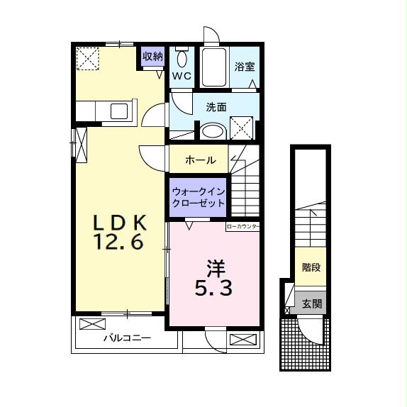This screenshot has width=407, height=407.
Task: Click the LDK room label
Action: click(x=120, y=223)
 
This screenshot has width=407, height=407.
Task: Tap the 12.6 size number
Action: click(x=120, y=243)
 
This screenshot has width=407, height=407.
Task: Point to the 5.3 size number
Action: click(x=214, y=288)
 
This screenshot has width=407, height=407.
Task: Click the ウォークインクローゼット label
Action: click(x=199, y=197)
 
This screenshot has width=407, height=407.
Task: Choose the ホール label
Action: click(x=199, y=160)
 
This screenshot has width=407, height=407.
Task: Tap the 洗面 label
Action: click(x=216, y=108)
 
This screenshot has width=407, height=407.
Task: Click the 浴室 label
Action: click(x=245, y=67)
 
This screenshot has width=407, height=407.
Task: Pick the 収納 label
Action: click(x=152, y=56)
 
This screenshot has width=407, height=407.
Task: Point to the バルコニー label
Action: click(x=127, y=338)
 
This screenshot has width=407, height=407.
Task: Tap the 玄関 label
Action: click(x=312, y=303)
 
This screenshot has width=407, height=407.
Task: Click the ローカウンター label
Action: click(x=243, y=227)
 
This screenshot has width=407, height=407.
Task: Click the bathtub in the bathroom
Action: click(x=213, y=67)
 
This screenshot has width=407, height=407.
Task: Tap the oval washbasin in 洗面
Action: click(x=211, y=131)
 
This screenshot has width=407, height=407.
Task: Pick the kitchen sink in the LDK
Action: click(x=118, y=111)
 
